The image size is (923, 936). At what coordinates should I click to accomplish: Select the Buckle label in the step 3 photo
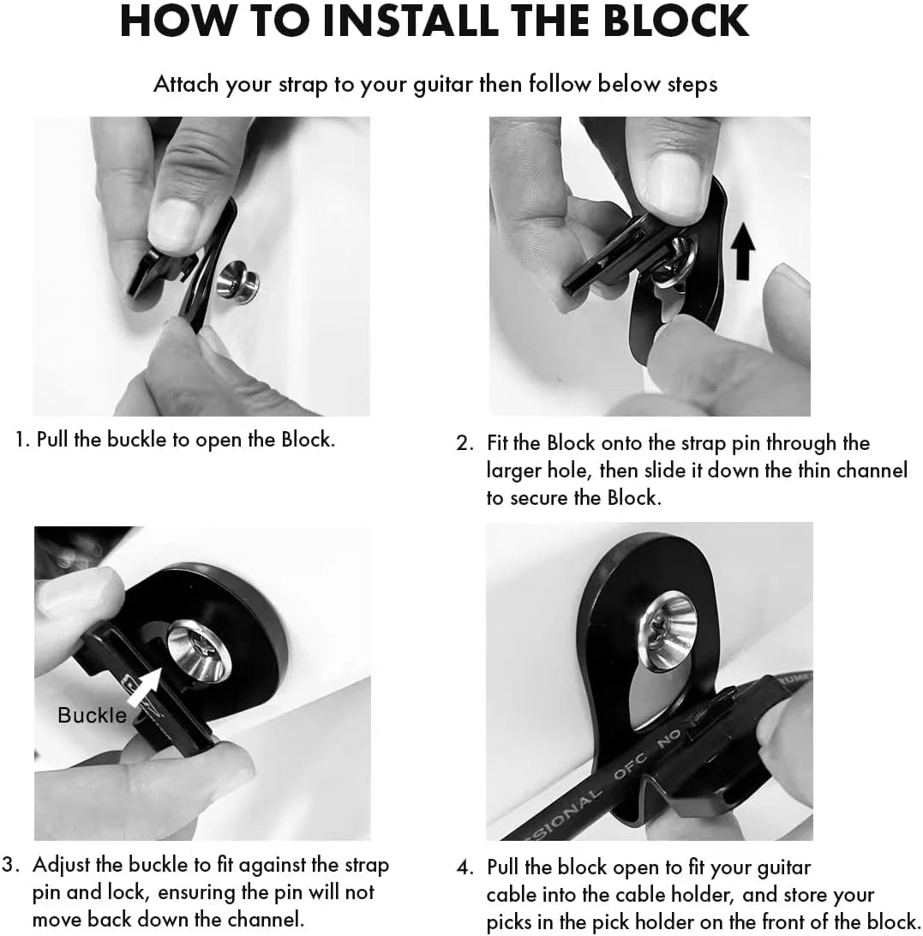pyautogui.click(x=92, y=715)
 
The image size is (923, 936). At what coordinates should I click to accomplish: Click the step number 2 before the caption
pyautogui.click(x=464, y=444)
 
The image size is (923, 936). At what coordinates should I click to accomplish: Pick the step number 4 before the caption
pyautogui.click(x=464, y=867)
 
